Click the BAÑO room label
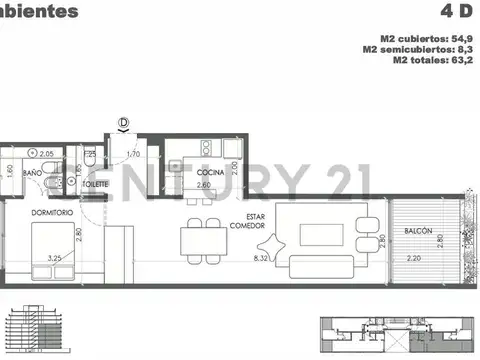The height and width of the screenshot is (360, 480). pos(33,174)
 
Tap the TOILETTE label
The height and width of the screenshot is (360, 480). pos(94,185)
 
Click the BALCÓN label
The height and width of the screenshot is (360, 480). pos(418,231)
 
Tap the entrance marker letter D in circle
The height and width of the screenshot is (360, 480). pos(123,123)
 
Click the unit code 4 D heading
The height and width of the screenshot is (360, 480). pos(456,11)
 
